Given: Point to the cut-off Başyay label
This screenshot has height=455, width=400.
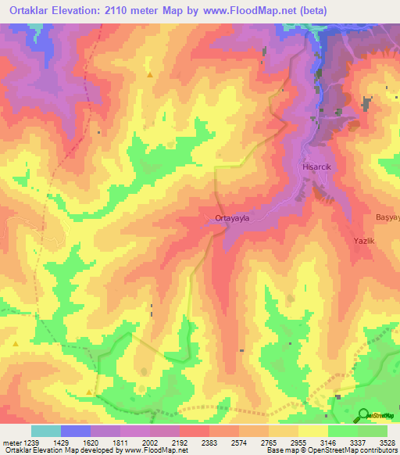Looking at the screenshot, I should pyautogui.click(x=387, y=217).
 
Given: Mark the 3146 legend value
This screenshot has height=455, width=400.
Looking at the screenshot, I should pyautogui.click(x=328, y=442).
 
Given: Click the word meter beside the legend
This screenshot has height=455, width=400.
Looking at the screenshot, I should pyautogui.click(x=12, y=442).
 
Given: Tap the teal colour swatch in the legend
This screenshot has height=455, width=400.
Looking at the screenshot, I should pyautogui.click(x=45, y=431).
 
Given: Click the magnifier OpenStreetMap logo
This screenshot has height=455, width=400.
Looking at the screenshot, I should pyautogui.click(x=365, y=416).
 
